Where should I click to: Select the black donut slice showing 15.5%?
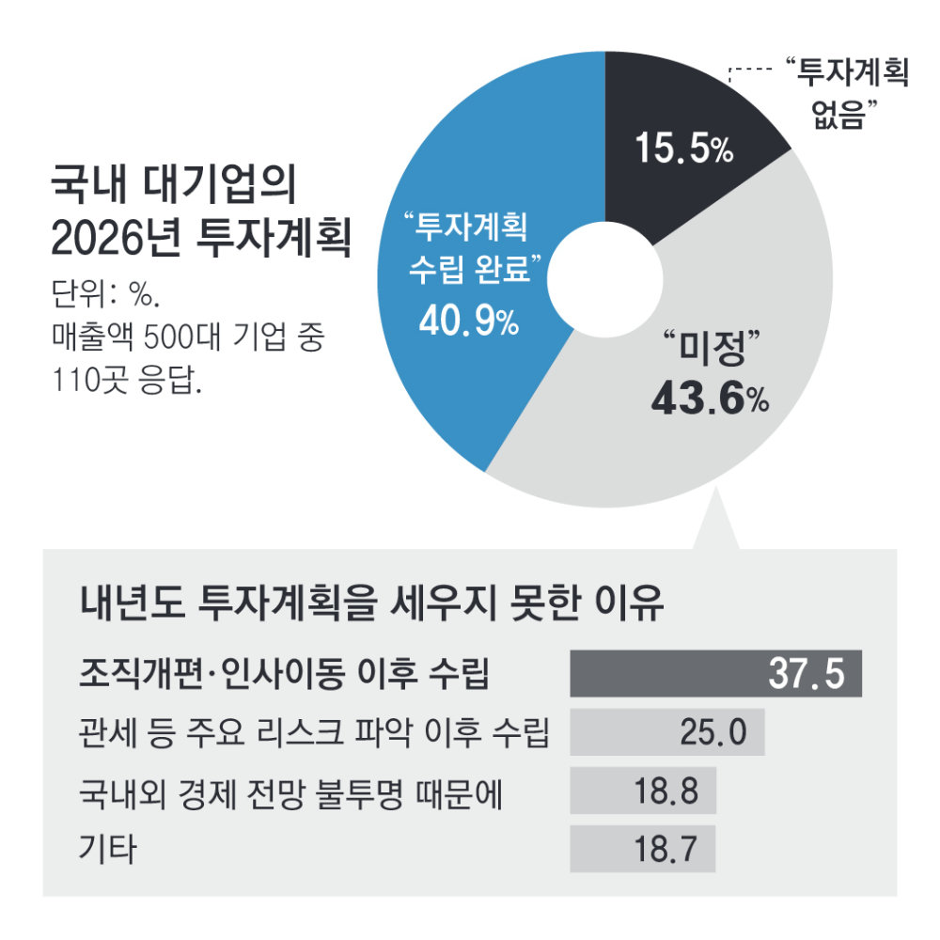[x=686, y=103]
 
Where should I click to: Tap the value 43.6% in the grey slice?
[x=711, y=399]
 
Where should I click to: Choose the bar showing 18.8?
[x=643, y=791]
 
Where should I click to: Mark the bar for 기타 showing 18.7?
[x=643, y=849]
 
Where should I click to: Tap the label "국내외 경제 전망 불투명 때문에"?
[x=292, y=791]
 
